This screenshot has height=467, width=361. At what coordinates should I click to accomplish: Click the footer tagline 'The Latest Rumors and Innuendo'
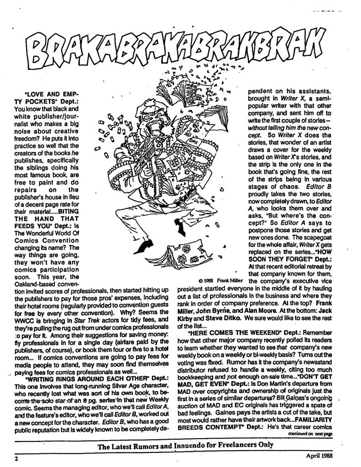(186, 446)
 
